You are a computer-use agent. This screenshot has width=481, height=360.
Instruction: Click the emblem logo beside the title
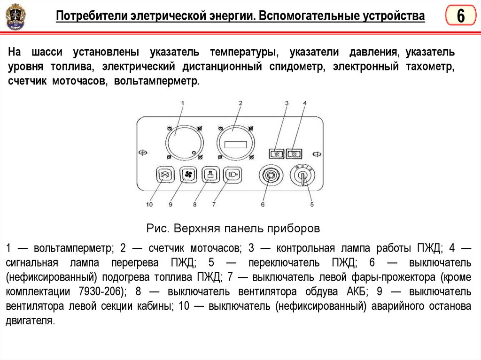point(16,17)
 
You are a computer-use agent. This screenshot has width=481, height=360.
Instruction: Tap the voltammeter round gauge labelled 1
point(184,141)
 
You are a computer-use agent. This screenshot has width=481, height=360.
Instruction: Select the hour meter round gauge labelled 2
point(236,142)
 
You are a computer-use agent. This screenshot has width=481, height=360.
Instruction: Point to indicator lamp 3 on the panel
point(277,153)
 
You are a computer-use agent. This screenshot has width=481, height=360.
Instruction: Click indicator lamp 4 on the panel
point(295,153)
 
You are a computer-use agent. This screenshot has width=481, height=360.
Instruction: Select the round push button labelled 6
point(270,176)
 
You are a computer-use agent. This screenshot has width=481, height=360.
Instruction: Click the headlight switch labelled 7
point(232,175)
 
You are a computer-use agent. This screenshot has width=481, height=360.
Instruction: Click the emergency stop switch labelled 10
point(164,175)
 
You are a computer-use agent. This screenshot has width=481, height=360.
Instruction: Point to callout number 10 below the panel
point(149,204)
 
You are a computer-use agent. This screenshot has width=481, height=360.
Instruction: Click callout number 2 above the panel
point(240,103)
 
